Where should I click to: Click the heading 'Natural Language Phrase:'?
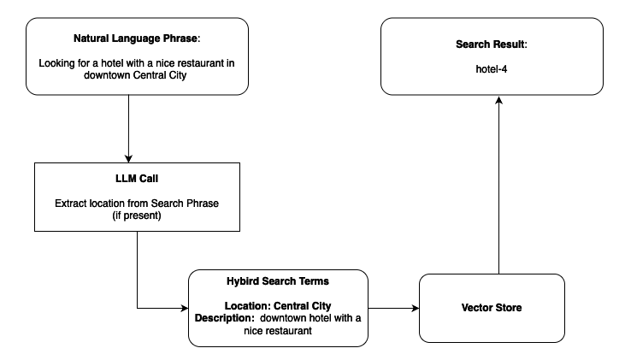coord(138,39)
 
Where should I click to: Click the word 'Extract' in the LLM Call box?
coord(71,204)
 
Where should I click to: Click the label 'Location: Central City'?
coord(278,305)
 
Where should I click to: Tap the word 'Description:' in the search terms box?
coord(226,318)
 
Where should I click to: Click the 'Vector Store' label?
coord(492,306)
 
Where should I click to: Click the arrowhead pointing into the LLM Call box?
coord(128,157)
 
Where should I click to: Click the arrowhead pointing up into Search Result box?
coord(498,100)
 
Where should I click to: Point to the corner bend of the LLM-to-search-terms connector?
coord(138,307)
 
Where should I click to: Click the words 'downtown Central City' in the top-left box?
coord(137,74)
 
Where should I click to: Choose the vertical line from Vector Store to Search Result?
coord(498,188)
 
